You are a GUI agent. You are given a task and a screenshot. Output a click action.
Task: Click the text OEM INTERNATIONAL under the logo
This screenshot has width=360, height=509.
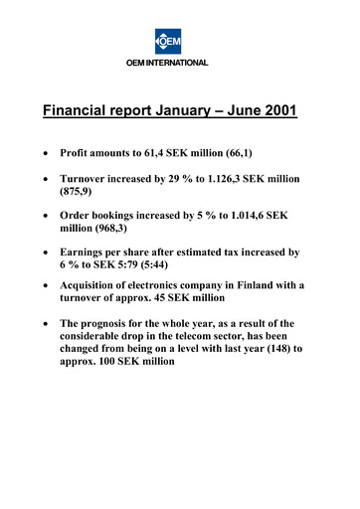pos(180,64)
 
